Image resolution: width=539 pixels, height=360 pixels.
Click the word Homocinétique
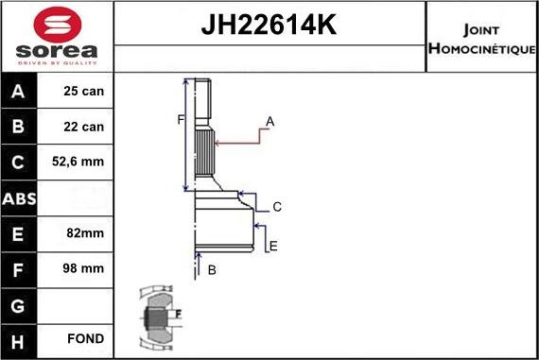click(482, 48)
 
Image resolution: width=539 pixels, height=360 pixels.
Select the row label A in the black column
click(20, 92)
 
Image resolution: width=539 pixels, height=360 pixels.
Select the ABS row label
click(20, 197)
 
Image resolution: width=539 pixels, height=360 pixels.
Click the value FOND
click(86, 338)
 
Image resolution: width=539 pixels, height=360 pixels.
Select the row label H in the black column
click(20, 338)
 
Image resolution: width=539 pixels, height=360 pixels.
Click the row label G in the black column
click(20, 303)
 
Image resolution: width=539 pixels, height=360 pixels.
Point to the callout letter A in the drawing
click(269, 122)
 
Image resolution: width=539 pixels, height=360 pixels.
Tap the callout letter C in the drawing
click(277, 207)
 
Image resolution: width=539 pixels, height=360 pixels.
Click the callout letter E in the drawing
click(273, 247)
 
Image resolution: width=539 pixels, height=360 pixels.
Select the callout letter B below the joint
click(212, 270)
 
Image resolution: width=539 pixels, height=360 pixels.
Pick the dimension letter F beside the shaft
click(179, 119)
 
